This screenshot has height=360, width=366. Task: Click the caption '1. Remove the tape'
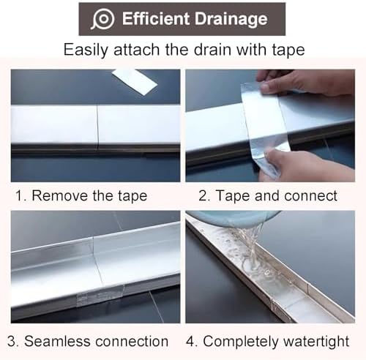click(81, 195)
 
